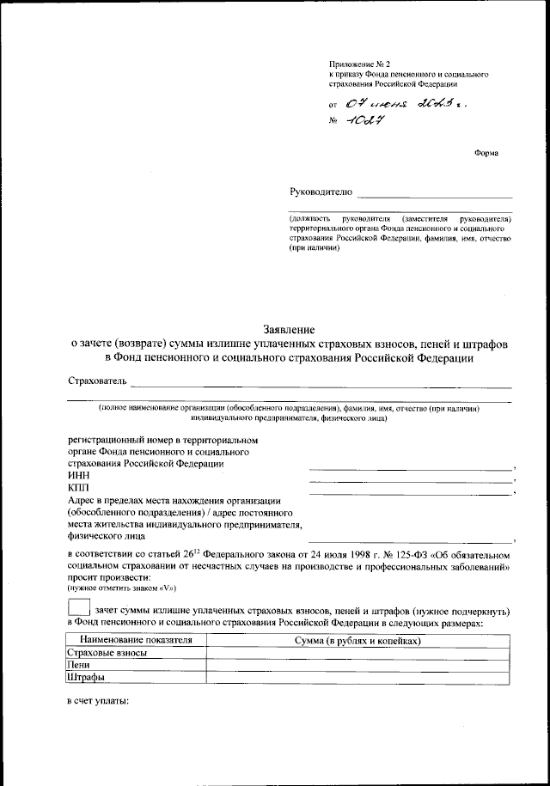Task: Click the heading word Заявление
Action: [x=290, y=329]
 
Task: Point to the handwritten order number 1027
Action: [x=366, y=121]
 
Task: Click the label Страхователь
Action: [x=97, y=381]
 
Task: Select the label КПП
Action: [x=78, y=488]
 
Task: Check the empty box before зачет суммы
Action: [x=77, y=610]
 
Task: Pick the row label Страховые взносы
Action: [x=107, y=653]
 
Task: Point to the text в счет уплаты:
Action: [x=98, y=702]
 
